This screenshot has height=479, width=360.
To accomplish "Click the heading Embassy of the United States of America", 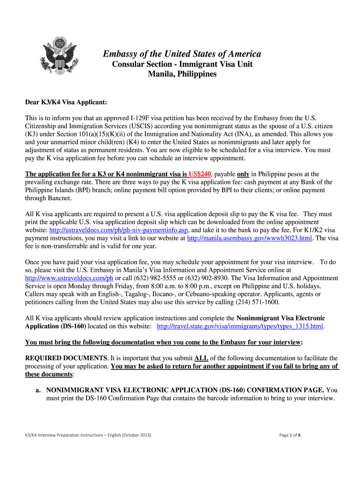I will [x=182, y=54].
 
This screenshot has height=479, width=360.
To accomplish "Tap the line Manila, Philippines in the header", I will [x=182, y=74].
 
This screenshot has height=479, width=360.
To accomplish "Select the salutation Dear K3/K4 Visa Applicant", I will [x=66, y=102].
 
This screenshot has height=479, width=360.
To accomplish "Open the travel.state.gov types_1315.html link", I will [x=240, y=326].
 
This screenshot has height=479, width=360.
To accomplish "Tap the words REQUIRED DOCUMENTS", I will [x=66, y=358].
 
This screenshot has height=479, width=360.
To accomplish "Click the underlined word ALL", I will [x=201, y=358].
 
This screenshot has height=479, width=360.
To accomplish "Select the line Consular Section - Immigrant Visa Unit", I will [x=182, y=64].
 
